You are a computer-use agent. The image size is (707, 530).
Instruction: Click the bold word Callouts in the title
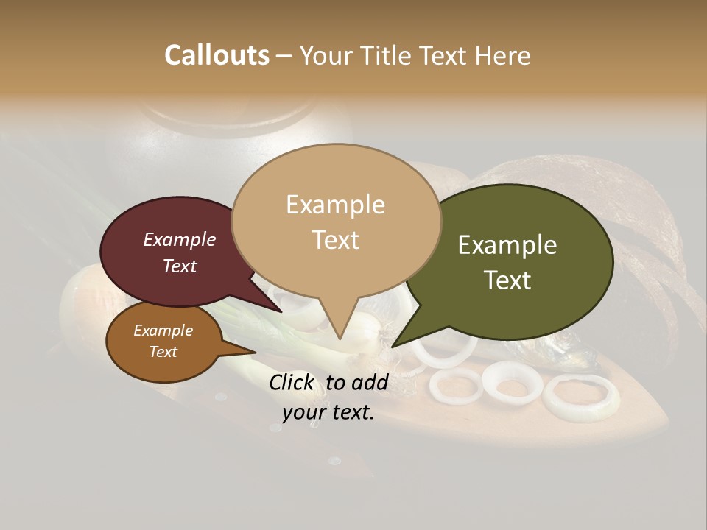pyautogui.click(x=217, y=55)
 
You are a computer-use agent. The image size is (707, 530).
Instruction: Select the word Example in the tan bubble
pyautogui.click(x=335, y=205)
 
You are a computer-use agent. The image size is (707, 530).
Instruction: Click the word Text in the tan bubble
pyautogui.click(x=335, y=240)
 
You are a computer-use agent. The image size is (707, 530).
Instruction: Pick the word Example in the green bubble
pyautogui.click(x=507, y=245)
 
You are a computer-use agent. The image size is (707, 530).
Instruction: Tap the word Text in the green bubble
pyautogui.click(x=507, y=280)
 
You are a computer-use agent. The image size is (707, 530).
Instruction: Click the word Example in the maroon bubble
pyautogui.click(x=180, y=239)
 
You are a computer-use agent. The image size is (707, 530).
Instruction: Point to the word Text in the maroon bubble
pyautogui.click(x=180, y=266)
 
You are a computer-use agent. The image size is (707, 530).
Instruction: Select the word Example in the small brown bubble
pyautogui.click(x=163, y=331)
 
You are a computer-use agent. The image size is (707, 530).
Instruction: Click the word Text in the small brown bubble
pyautogui.click(x=163, y=352)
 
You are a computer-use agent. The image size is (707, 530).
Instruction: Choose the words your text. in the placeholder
pyautogui.click(x=328, y=413)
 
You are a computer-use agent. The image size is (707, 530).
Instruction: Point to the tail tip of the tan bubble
pyautogui.click(x=340, y=338)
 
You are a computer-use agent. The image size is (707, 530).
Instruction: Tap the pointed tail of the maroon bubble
pyautogui.click(x=280, y=310)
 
